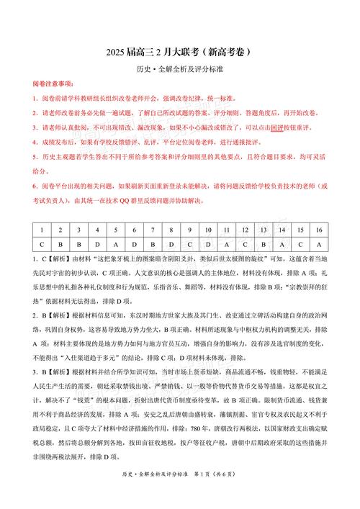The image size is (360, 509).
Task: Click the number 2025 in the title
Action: (118, 52)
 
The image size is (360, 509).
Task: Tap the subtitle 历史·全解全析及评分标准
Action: (179, 70)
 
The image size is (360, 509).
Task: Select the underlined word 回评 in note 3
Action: (276, 127)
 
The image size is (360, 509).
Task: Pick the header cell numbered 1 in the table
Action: (42, 230)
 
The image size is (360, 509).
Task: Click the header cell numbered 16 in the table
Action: (318, 230)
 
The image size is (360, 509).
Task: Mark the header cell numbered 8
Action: (171, 230)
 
